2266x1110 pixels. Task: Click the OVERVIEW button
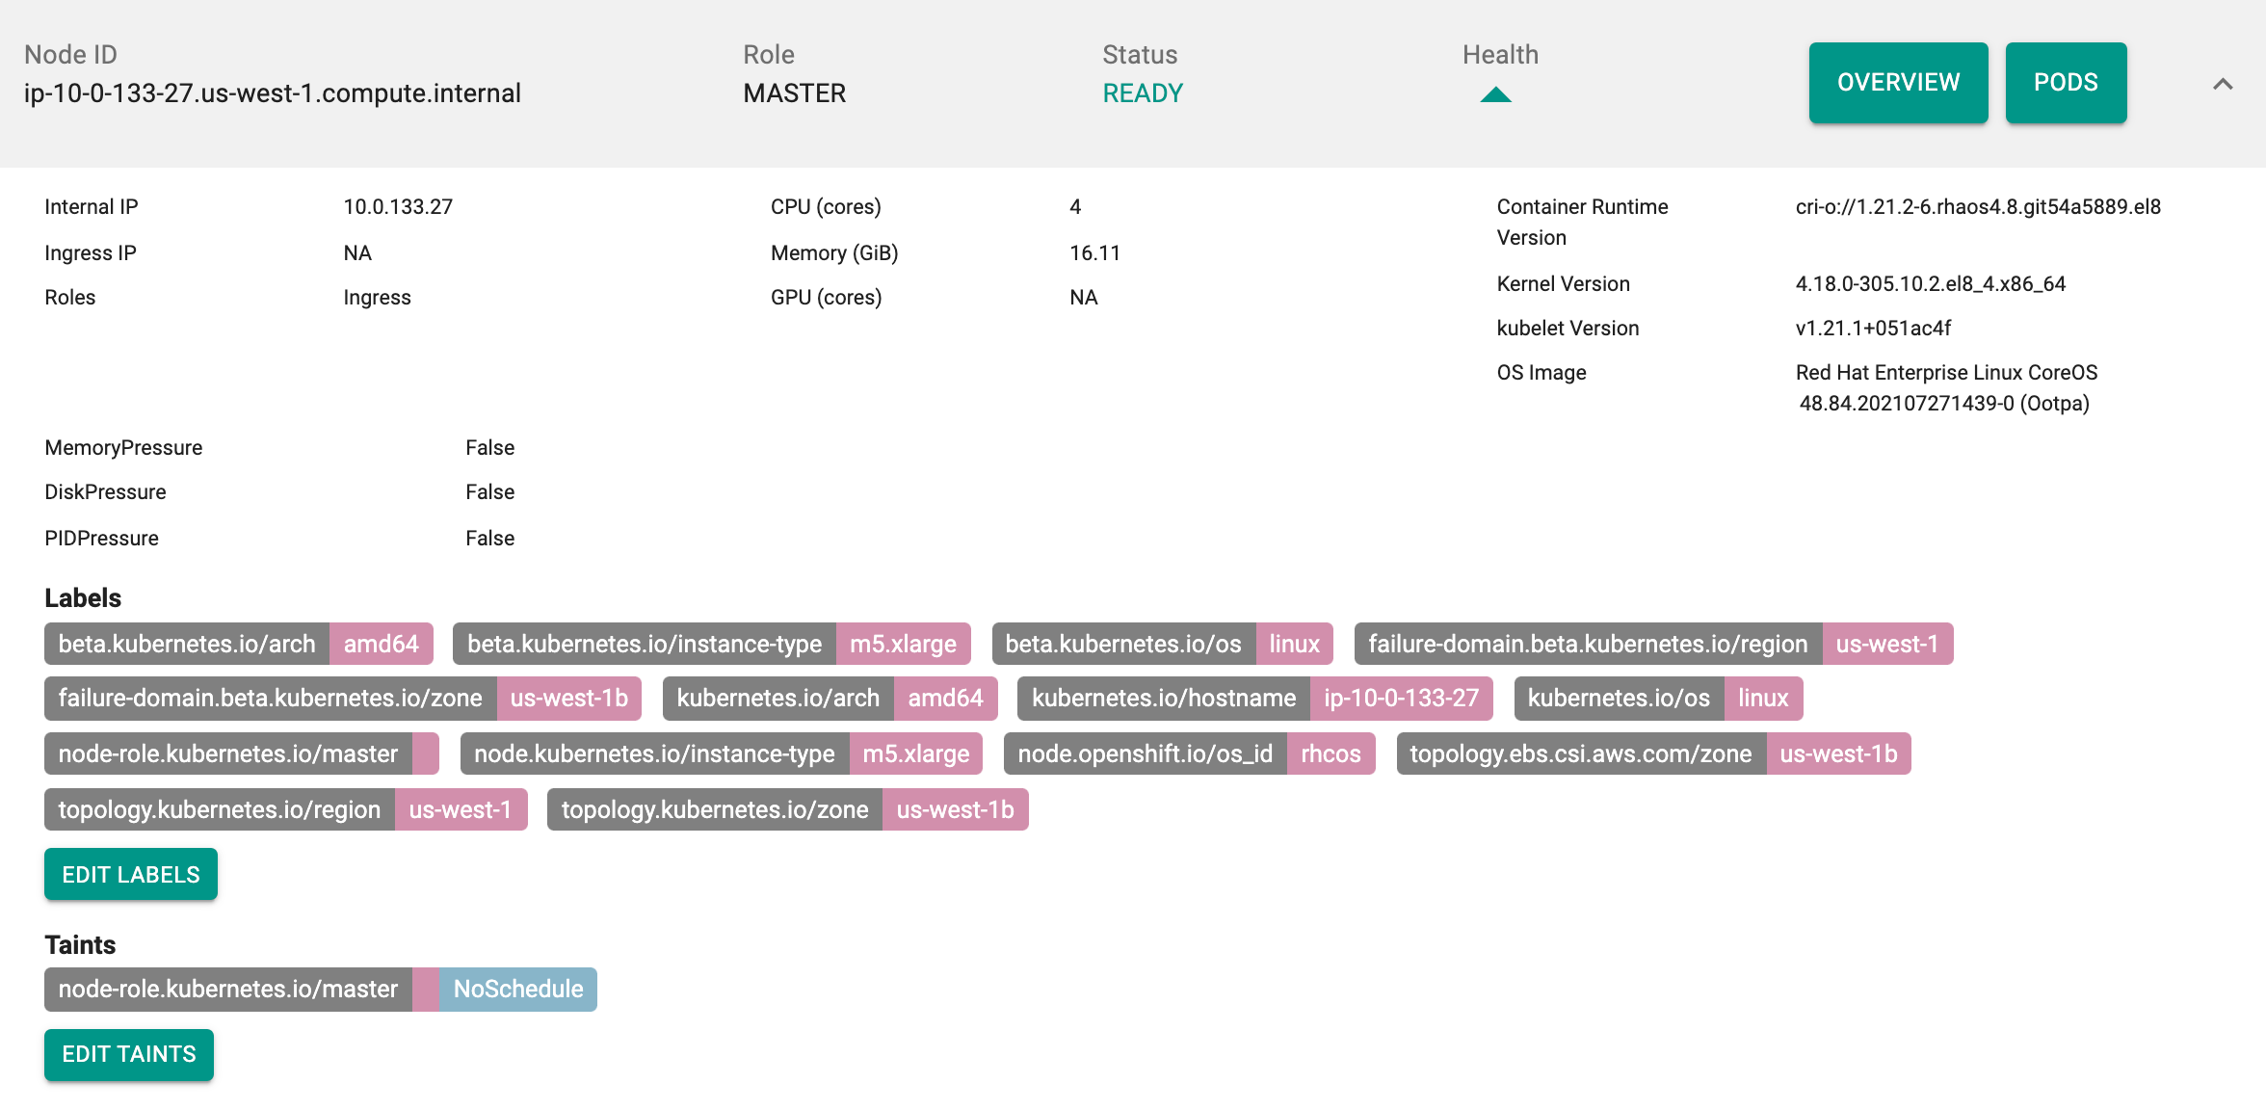[x=1898, y=83]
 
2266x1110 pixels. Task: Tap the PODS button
[x=2066, y=83]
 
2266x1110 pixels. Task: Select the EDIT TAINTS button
[x=129, y=1054]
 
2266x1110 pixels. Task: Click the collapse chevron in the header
[x=2223, y=84]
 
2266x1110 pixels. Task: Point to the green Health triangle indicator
[x=1495, y=94]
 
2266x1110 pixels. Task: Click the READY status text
[x=1143, y=93]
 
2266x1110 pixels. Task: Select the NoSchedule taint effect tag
[x=518, y=989]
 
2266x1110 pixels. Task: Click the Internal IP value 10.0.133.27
[x=398, y=207]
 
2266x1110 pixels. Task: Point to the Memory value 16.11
[x=1094, y=252]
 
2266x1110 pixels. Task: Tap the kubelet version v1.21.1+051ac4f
[x=1873, y=328]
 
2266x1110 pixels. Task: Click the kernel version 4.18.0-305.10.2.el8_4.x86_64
[x=1930, y=283]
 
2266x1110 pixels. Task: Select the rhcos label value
[x=1331, y=753]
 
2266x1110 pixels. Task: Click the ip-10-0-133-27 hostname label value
[x=1401, y=698]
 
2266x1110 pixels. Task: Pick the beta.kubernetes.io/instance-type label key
[x=645, y=644]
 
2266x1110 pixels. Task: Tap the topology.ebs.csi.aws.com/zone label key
[x=1581, y=753]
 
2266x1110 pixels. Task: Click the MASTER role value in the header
[x=795, y=93]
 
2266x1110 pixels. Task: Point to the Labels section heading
[x=83, y=598]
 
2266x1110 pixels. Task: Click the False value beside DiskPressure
[x=489, y=492]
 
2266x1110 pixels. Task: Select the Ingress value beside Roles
[x=377, y=298]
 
